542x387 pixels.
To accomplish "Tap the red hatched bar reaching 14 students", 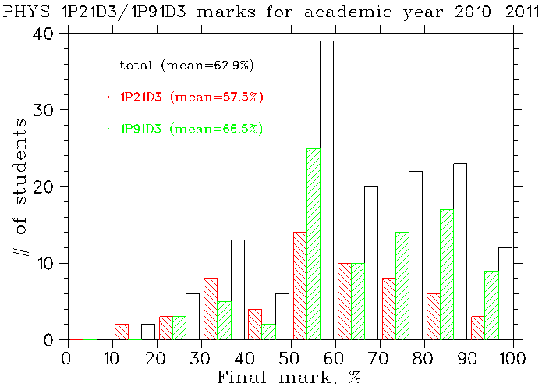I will point(299,286).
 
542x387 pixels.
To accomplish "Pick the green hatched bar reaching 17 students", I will point(447,275).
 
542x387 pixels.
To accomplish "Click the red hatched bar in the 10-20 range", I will point(121,332).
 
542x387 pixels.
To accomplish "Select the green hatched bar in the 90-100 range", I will point(491,305).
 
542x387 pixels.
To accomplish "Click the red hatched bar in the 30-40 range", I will point(210,309).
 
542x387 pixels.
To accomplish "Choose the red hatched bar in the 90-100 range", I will point(477,328).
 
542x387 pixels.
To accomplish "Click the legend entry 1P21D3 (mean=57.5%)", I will point(191,97).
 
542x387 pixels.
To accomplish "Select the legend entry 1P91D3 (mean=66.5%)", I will point(191,129).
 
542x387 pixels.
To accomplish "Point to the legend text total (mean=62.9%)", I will point(187,65).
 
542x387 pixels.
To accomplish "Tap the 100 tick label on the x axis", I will point(512,358).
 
